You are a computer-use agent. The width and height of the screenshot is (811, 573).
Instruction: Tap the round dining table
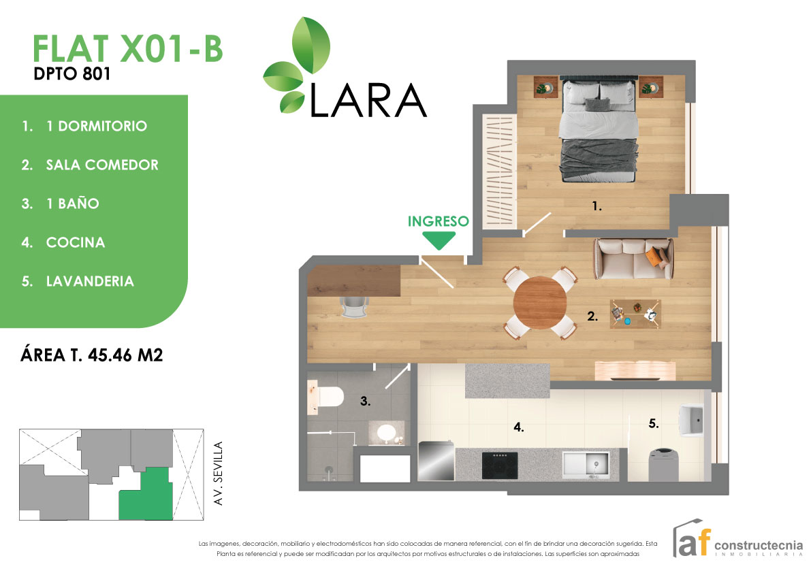tap(541, 303)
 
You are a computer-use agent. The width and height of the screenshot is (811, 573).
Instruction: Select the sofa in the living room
tap(633, 259)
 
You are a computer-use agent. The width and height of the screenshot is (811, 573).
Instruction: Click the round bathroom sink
tap(387, 432)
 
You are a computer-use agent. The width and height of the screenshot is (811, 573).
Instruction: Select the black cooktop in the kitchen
tap(499, 465)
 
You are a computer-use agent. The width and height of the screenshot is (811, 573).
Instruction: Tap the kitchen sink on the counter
tap(586, 466)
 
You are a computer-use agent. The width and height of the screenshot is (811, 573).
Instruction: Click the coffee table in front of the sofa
tap(635, 314)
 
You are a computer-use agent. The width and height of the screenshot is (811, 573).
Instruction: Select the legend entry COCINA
tap(75, 242)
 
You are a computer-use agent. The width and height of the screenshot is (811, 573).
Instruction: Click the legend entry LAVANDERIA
tap(89, 281)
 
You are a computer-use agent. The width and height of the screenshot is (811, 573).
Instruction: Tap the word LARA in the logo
tap(368, 101)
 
